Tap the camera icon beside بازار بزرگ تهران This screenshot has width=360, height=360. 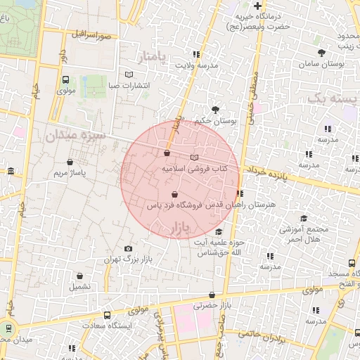pos(128,249)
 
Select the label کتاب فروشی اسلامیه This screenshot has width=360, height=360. pos(193,169)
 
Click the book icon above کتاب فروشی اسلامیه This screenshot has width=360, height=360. pos(195,157)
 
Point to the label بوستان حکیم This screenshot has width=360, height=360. pos(214,121)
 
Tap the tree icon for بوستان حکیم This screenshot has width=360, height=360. pos(214,109)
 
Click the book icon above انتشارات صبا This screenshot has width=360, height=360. pos(128,74)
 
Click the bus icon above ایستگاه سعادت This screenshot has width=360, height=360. pos(107,315)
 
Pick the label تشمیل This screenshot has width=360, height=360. pos(79,287)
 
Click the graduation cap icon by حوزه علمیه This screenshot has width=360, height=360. pos(219,231)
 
